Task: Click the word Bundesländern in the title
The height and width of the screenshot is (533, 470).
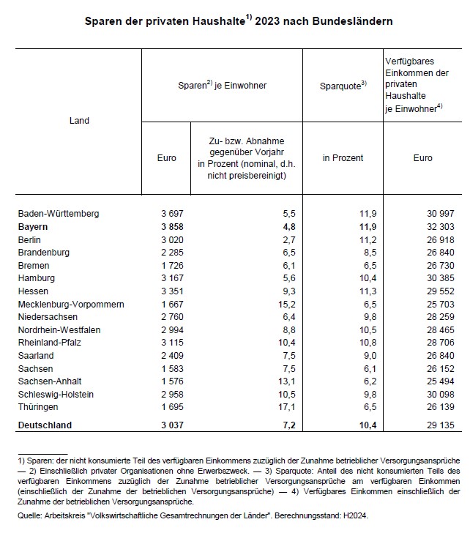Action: [x=355, y=21]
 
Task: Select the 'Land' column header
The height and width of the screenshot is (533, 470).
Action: [x=78, y=120]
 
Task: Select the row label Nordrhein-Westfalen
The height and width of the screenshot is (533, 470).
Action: [x=60, y=329]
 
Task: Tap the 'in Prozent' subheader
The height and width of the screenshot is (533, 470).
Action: [x=343, y=157]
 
